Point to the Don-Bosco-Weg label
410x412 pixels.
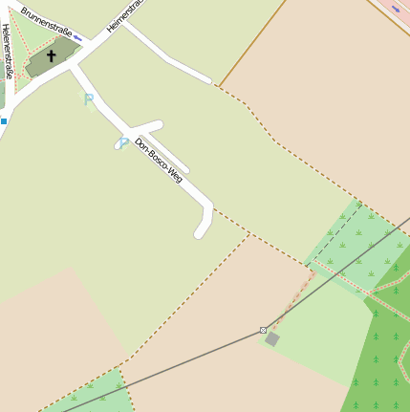(159, 160)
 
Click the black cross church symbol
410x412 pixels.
(52, 56)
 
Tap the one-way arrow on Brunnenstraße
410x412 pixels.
(77, 38)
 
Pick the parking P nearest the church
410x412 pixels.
(89, 98)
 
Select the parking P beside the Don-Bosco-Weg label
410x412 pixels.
(122, 143)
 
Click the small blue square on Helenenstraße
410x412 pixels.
(4, 121)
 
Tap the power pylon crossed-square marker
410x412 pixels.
(263, 330)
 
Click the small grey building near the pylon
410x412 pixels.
(272, 338)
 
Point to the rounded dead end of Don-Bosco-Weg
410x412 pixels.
(201, 231)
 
